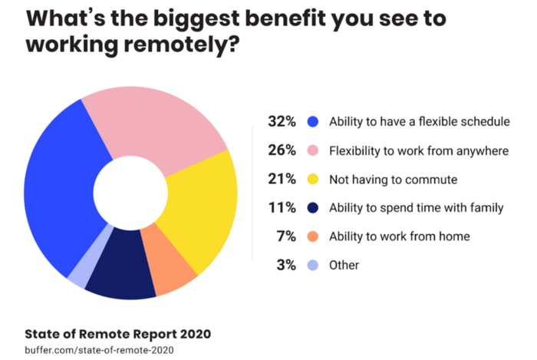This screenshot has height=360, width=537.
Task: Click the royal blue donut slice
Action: [x=58, y=188]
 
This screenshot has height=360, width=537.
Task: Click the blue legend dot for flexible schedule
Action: [x=311, y=121]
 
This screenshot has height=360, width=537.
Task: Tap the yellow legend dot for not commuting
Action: [x=311, y=179]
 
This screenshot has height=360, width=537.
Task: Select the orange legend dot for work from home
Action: [x=311, y=236]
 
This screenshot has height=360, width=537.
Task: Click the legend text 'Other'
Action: [x=344, y=265]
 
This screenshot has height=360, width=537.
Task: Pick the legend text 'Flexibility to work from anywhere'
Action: [x=418, y=150]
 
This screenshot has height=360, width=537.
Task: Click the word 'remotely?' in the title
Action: [x=173, y=45]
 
